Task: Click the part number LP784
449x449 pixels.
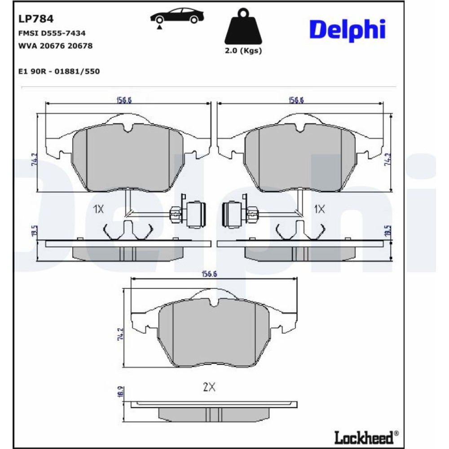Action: [x=35, y=19]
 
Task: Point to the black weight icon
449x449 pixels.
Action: [x=243, y=28]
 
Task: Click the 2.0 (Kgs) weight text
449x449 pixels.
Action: [x=243, y=51]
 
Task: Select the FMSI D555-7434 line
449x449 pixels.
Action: [x=52, y=33]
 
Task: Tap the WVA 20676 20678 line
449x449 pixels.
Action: [x=55, y=46]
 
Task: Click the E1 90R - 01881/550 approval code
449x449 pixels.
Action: [x=59, y=71]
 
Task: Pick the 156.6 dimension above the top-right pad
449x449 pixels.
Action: [x=296, y=100]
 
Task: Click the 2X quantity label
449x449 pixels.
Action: [x=209, y=387]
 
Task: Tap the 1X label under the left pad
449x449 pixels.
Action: [x=98, y=209]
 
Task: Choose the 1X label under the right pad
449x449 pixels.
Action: [x=319, y=209]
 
